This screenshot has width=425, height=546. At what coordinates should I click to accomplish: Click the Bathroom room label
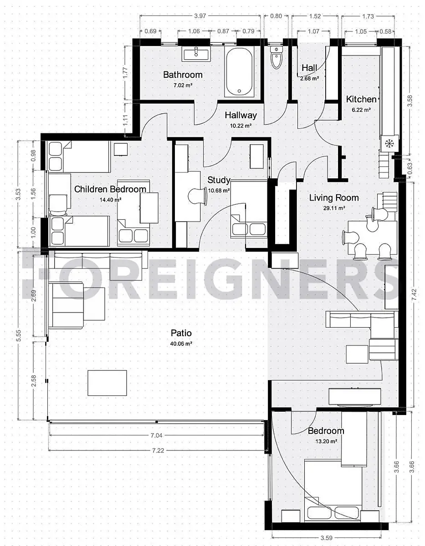tap(183, 75)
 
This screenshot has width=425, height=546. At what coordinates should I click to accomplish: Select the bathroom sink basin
tap(196, 54)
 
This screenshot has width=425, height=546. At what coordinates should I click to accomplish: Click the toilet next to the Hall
tap(277, 57)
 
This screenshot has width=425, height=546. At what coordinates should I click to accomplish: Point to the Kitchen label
tap(361, 99)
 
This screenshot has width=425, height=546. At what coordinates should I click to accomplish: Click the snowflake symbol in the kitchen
tap(389, 144)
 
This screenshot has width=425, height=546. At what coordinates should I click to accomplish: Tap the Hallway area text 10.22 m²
tap(241, 126)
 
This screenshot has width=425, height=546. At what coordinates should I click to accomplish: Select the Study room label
tap(219, 180)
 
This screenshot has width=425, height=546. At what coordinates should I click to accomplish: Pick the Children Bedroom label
tap(110, 189)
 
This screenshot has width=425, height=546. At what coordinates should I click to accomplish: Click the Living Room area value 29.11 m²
tap(334, 208)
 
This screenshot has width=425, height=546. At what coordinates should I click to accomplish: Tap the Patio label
tap(181, 333)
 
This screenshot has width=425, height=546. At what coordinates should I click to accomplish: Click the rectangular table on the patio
tap(107, 383)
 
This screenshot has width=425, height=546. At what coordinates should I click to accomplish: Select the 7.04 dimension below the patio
tap(156, 435)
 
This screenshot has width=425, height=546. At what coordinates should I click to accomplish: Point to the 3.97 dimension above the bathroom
tap(200, 16)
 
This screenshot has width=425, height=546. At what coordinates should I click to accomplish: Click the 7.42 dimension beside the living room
tap(415, 295)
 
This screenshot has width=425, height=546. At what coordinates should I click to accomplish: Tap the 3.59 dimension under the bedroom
tap(327, 538)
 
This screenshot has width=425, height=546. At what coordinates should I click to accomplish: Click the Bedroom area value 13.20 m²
tap(326, 441)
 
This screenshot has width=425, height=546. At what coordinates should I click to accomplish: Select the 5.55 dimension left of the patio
tap(18, 336)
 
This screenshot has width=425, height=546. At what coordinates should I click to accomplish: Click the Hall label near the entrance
tap(309, 68)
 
